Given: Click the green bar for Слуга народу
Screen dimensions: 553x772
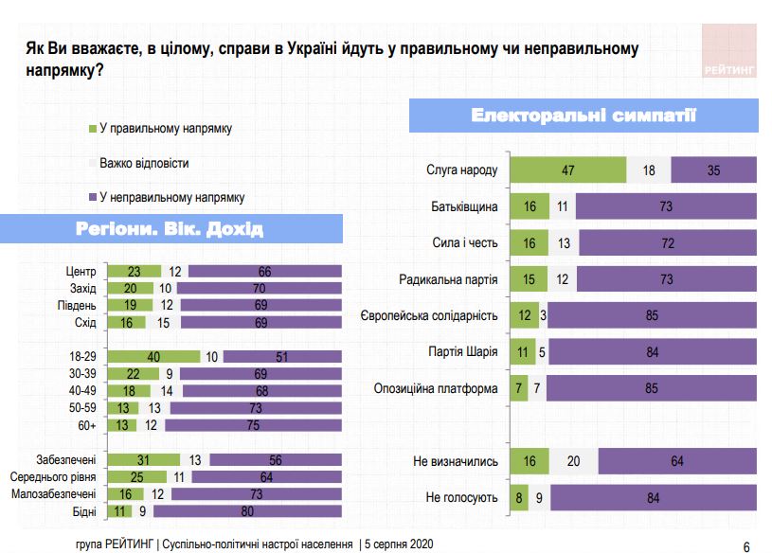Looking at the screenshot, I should pos(568,170).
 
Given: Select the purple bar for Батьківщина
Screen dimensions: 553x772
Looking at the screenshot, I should pos(666,206).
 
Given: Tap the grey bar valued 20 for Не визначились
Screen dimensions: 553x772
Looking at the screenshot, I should pos(574,462).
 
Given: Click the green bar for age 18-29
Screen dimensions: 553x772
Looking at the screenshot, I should pos(154,356).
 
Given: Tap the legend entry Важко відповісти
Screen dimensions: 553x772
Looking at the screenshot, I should pos(144,163).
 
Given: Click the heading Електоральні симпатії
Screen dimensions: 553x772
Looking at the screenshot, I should pos(583,117).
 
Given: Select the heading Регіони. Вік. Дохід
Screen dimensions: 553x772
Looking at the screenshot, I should pos(170,230).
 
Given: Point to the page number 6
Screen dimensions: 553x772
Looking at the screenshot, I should pos(746,546).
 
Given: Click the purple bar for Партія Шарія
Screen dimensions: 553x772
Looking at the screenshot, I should pos(652,352).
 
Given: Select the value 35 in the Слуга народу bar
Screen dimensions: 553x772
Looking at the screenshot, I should pos(714,170).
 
